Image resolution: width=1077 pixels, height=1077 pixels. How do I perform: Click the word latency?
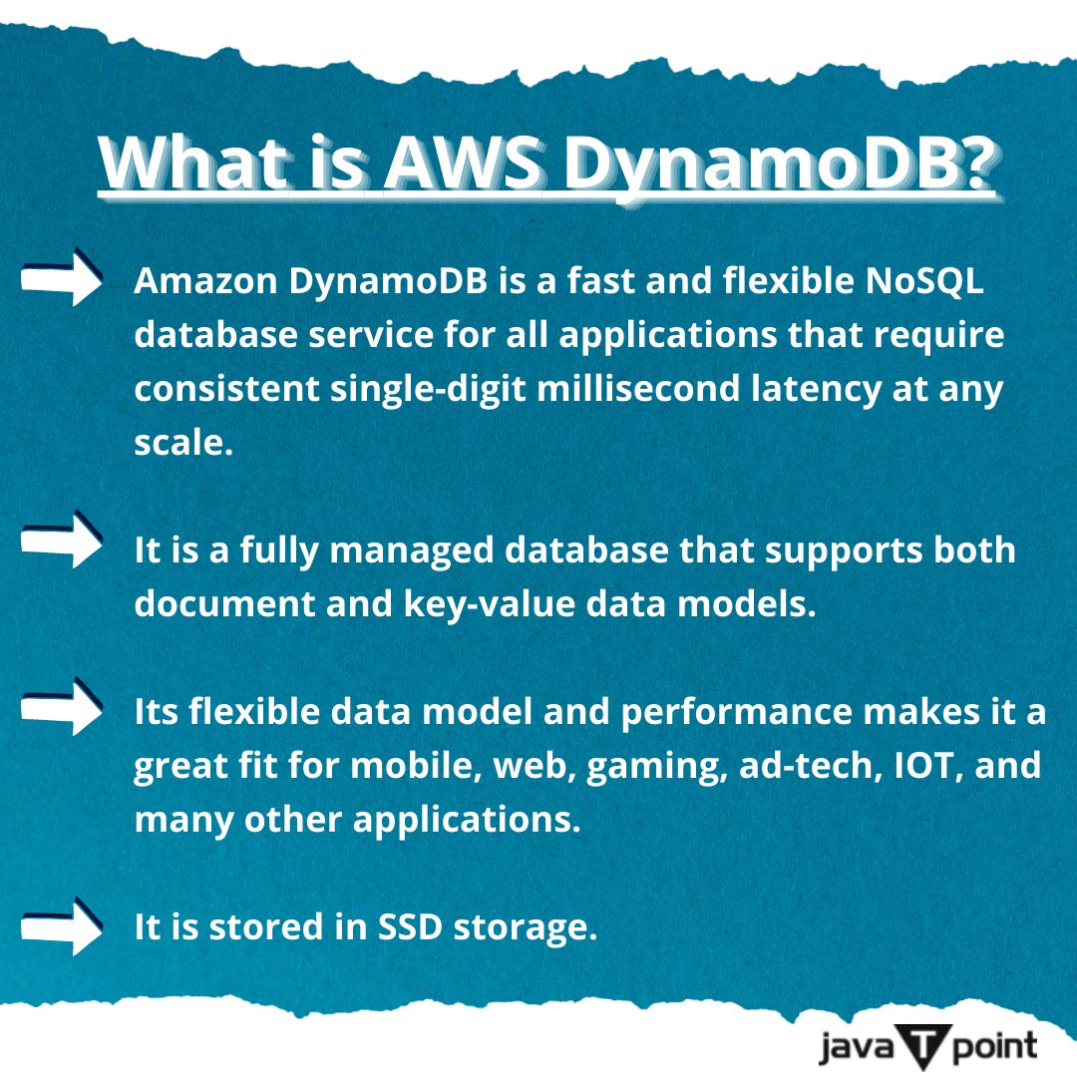tap(824, 390)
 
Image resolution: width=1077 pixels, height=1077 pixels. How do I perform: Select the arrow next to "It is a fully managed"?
tap(62, 541)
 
